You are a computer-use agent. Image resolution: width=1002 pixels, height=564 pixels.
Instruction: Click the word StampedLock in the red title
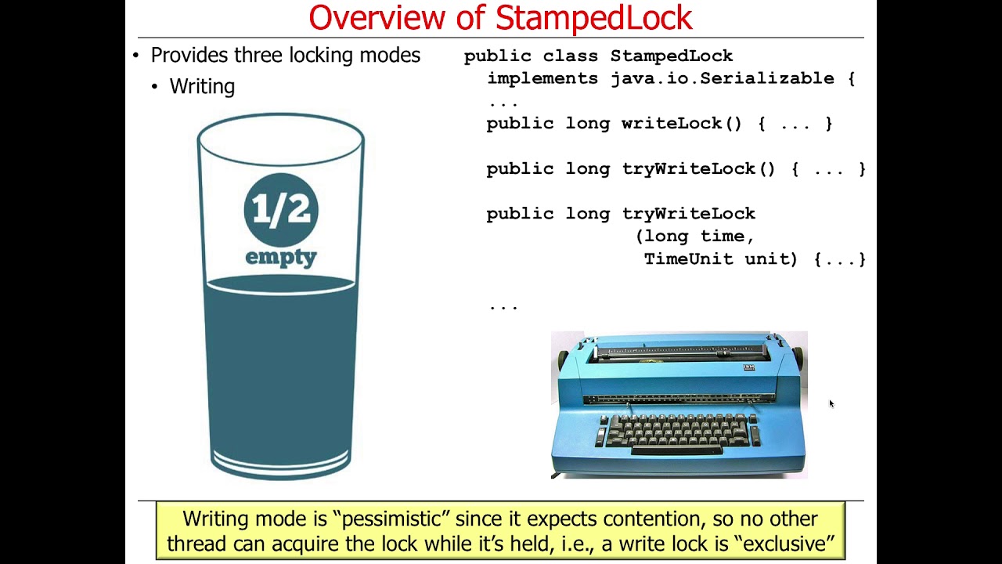[594, 17]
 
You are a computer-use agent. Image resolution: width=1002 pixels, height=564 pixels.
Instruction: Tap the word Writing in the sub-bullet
[202, 86]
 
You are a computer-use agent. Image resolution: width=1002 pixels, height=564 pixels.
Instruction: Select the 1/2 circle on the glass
[281, 209]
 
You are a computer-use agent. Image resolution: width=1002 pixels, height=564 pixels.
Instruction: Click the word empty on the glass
[281, 258]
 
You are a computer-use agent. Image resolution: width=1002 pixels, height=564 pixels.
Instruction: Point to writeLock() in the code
[681, 124]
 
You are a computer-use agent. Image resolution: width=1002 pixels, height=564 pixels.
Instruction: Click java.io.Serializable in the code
[723, 78]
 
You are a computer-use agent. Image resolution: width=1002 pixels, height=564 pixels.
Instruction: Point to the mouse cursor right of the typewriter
[831, 403]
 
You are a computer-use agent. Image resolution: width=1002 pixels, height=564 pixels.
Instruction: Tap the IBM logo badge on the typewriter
[748, 367]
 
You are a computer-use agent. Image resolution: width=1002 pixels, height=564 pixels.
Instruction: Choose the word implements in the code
[542, 78]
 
